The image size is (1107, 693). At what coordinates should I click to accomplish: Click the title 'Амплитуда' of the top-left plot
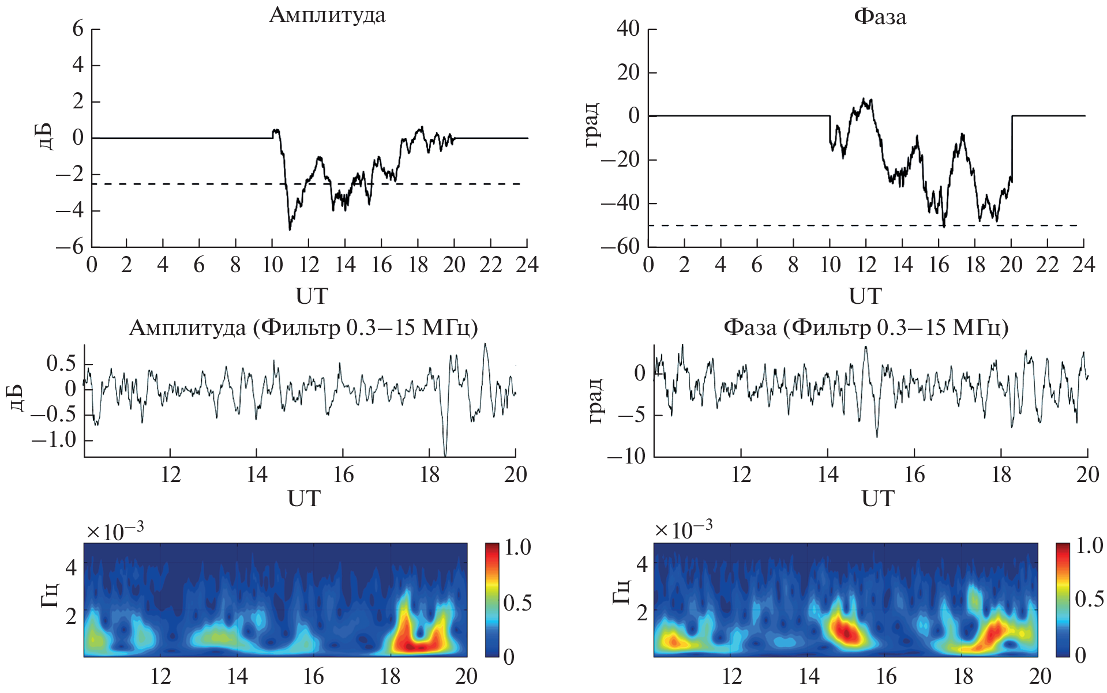(327, 15)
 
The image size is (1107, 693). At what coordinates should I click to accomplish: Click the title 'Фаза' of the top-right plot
(880, 17)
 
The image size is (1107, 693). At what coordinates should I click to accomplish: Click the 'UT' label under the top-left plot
(312, 296)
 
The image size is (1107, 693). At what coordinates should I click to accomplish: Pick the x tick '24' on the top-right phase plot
(1083, 265)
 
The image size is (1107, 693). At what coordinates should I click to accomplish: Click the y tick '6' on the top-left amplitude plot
(78, 28)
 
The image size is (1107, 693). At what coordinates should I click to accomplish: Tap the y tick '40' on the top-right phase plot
(628, 28)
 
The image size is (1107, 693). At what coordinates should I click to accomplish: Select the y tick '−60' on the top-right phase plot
(621, 246)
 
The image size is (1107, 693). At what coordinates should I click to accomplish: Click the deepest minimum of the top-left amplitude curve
(290, 229)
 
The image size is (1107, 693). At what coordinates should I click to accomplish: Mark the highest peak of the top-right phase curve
(864, 99)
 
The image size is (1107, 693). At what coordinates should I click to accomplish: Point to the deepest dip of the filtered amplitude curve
(445, 454)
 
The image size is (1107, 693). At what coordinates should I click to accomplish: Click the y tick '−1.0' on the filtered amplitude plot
(54, 440)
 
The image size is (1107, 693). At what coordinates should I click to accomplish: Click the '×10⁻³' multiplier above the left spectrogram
(115, 531)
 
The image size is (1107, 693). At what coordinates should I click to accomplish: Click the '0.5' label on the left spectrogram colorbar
(517, 603)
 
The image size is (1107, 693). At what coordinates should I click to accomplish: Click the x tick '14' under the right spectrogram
(809, 676)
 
